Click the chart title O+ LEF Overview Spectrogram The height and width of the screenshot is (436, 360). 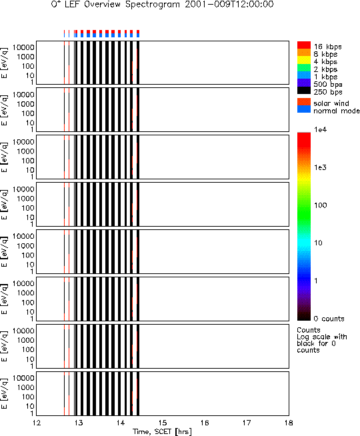tap(115, 5)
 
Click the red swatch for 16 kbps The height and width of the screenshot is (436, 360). tap(304, 45)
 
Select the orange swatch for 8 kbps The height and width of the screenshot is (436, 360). tap(304, 53)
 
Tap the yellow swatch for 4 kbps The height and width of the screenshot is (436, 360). tap(304, 60)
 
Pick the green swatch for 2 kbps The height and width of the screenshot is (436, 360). tap(304, 67)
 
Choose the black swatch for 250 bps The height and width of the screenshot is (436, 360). tap(304, 91)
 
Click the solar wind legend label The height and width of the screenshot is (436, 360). tap(331, 103)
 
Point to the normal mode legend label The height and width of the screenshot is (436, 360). tap(337, 111)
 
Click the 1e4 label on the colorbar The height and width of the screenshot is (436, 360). tap(320, 129)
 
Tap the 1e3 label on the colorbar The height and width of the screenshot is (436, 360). tap(320, 167)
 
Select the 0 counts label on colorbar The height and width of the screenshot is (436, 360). tap(329, 319)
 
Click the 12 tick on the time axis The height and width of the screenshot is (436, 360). tap(37, 423)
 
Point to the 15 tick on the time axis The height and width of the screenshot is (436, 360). tap(163, 423)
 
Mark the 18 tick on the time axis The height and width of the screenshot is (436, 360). tap(289, 423)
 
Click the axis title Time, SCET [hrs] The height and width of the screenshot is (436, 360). tap(162, 431)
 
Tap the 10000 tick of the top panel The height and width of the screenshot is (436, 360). tap(23, 47)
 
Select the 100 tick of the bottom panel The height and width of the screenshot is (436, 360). tap(28, 397)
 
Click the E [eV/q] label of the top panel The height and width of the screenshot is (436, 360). tap(5, 63)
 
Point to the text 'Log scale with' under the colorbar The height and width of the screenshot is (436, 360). tap(322, 337)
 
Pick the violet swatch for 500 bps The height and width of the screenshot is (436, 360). tap(304, 83)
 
